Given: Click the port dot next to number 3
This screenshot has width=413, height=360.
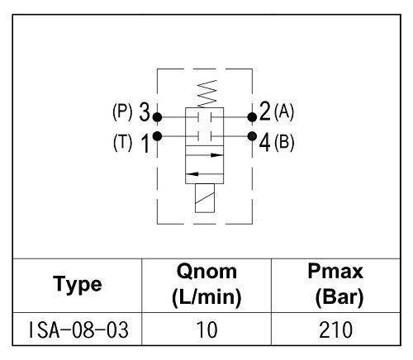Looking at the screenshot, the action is pos(157,117).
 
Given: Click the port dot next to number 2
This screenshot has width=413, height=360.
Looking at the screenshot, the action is pos(252,117).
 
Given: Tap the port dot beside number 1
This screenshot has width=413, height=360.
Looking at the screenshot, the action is pos(157,136).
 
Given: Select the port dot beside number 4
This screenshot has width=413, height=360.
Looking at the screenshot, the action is pos(252,136).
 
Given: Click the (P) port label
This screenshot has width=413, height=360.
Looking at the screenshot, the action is pos(122,112).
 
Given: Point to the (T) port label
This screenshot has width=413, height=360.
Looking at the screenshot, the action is pos(122,142).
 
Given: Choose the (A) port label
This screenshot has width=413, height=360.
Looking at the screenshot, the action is pos(284,112).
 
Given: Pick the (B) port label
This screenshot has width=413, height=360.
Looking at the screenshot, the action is pos(284,142).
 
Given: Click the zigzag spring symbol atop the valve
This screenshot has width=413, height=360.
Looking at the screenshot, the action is pos(207,93).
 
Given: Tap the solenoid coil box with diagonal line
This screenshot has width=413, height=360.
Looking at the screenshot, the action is pos(205,198).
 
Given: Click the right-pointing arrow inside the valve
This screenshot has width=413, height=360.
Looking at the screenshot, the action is pos(205,155).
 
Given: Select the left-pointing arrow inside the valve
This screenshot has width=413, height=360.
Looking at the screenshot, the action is pos(205,173).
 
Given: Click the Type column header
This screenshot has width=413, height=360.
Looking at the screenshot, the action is pos(78,284).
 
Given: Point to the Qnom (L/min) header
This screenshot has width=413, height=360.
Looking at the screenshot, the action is pos(206,284).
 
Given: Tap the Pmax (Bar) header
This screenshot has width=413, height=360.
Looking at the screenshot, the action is pos(336,284).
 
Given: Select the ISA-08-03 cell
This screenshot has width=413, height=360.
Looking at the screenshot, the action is pos(78,330).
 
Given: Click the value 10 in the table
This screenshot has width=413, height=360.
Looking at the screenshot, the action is pos(206,330).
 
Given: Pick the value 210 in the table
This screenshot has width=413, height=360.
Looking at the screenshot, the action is pos(335,330).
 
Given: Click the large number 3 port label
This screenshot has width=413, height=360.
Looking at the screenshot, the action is pos(145,111).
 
